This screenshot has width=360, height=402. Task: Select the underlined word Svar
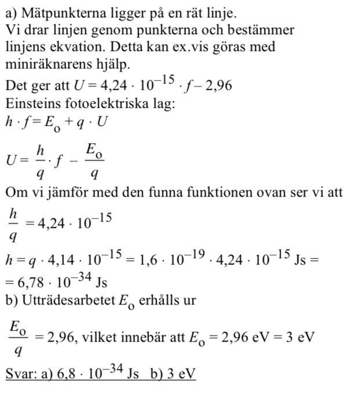(x=20, y=374)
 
